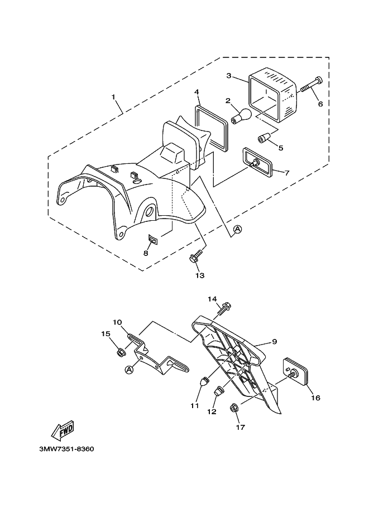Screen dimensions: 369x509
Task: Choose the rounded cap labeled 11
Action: tap(205, 381)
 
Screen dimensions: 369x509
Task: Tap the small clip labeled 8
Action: tap(153, 240)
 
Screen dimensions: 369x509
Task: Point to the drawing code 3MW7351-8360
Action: tap(66, 449)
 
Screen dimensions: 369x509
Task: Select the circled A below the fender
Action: tap(238, 230)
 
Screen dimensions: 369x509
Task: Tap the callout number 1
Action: tap(113, 97)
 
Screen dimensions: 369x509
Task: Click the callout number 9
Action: tap(275, 342)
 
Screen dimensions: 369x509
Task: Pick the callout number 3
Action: tap(229, 76)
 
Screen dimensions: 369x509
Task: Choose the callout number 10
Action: tap(118, 322)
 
